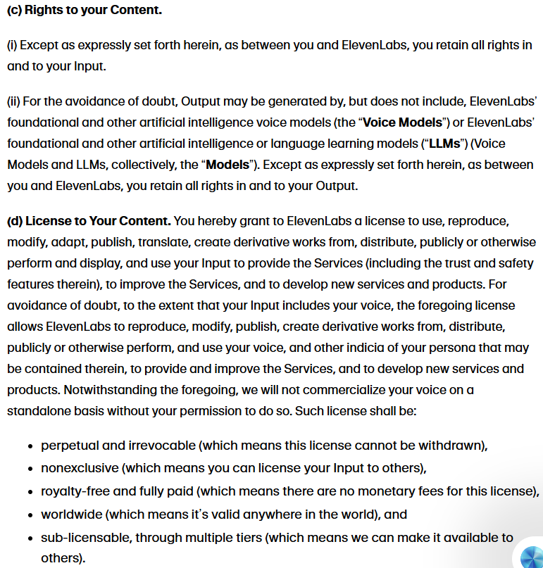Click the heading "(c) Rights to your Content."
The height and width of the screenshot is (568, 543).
[x=84, y=11]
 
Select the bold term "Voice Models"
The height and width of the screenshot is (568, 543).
[x=402, y=122]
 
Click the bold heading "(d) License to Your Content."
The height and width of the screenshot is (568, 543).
[x=89, y=221]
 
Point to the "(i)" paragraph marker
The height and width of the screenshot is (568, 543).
[x=12, y=45]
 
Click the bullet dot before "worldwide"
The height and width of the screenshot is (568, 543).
[x=31, y=515]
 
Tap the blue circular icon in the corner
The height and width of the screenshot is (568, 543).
[x=531, y=557]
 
